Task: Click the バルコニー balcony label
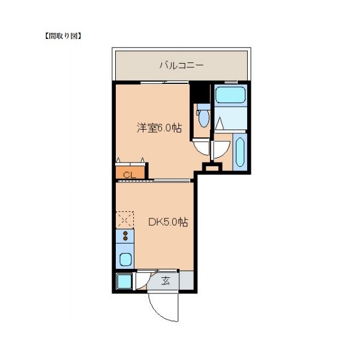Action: tap(181, 66)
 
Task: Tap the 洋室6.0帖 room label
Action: tap(160, 128)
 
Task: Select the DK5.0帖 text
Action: tap(168, 222)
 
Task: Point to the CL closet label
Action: tap(130, 175)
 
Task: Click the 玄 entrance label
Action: tap(166, 281)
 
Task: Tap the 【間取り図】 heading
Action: tap(62, 36)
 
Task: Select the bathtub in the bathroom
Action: tap(230, 95)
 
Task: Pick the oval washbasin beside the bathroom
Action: tap(240, 152)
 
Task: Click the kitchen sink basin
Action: tap(125, 259)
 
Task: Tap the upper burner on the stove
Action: tap(125, 233)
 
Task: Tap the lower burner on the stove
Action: tap(125, 238)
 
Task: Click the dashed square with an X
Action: tap(125, 220)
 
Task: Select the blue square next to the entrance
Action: tap(124, 281)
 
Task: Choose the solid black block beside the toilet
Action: tap(200, 93)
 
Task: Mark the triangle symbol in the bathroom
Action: tap(220, 123)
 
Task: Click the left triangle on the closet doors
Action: tap(118, 160)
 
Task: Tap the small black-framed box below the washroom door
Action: tap(212, 167)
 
